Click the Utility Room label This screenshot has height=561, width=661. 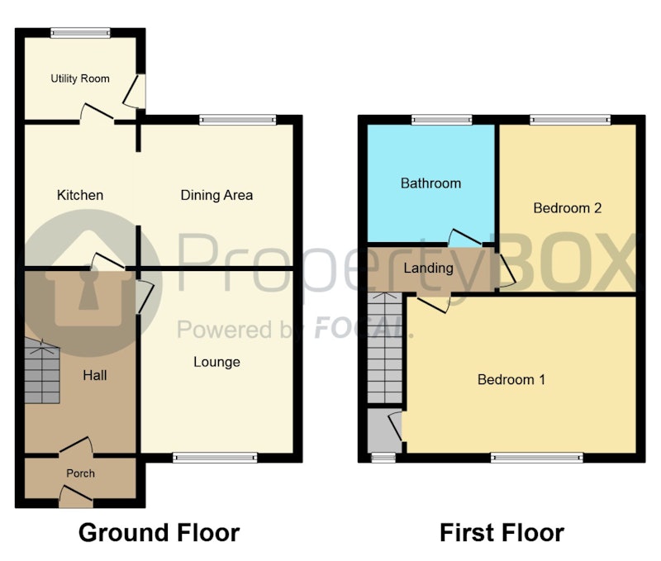(x=80, y=78)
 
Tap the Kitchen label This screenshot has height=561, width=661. (x=80, y=195)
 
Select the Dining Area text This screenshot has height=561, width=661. (x=216, y=195)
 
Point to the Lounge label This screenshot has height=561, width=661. (x=216, y=362)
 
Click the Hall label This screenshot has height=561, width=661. (x=95, y=375)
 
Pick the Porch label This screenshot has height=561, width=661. (x=80, y=473)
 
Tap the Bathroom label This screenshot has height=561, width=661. (x=430, y=183)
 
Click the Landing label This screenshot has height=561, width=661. (x=428, y=268)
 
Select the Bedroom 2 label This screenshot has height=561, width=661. (x=568, y=208)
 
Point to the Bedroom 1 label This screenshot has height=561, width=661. (x=511, y=379)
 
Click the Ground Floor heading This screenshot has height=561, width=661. (x=159, y=532)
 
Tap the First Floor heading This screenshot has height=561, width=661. (x=502, y=532)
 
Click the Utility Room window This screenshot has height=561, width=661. (x=80, y=33)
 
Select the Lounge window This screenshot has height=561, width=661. (x=215, y=458)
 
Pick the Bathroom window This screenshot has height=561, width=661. (x=442, y=120)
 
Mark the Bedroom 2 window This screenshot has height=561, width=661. (x=570, y=120)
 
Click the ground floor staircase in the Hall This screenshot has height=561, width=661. (x=42, y=371)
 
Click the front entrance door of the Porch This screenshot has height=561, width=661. (x=76, y=497)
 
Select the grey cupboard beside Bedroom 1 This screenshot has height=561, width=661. (x=384, y=430)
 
